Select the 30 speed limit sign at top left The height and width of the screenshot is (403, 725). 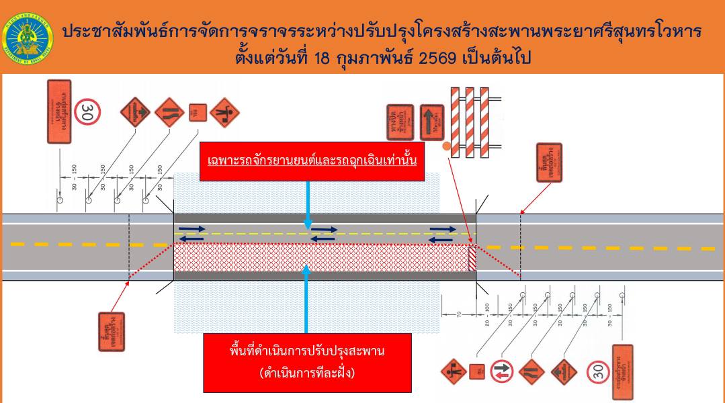(x=87, y=111)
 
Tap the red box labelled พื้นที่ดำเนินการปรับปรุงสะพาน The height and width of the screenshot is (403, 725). (x=308, y=362)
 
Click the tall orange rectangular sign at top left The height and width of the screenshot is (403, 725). (x=59, y=111)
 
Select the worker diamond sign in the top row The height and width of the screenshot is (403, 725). (x=224, y=112)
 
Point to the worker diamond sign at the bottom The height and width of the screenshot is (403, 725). (x=455, y=371)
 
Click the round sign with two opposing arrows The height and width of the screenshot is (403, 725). (x=502, y=371)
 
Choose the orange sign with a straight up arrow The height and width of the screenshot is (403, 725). (x=431, y=122)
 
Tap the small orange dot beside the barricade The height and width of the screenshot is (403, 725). (x=446, y=145)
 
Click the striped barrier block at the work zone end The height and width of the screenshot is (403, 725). (x=472, y=258)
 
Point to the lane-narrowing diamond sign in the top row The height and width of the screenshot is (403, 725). (x=169, y=112)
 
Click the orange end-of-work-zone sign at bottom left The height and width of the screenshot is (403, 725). (x=112, y=331)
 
